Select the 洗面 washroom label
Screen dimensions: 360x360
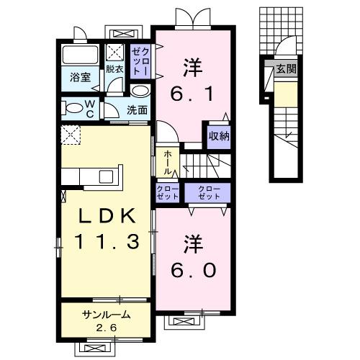click(x=138, y=110)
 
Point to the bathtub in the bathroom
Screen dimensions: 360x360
click(x=81, y=55)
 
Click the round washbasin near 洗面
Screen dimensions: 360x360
click(x=140, y=91)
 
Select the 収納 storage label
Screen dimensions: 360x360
click(x=219, y=136)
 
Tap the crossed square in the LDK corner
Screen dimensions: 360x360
click(x=69, y=134)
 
